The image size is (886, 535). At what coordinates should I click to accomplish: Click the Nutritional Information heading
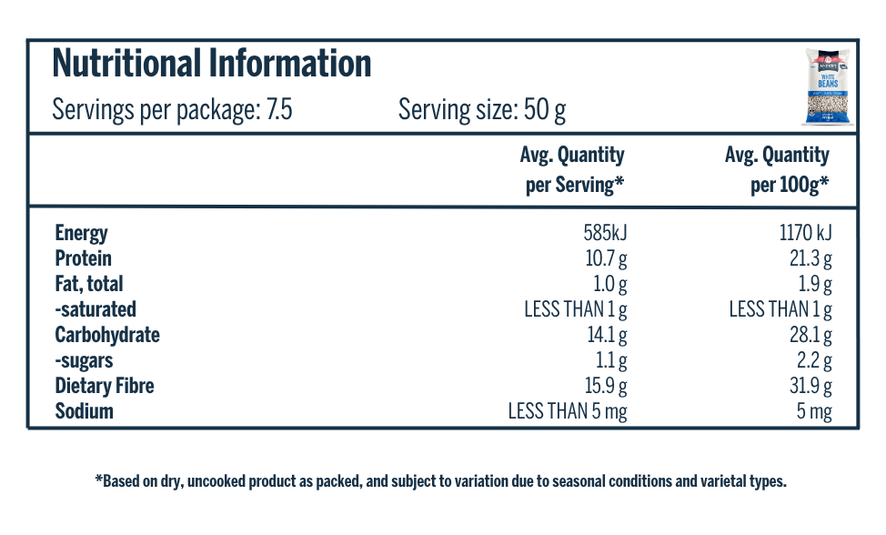coord(212,65)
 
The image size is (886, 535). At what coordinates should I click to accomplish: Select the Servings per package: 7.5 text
coord(172,111)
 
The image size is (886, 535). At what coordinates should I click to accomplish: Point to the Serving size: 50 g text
coord(482,111)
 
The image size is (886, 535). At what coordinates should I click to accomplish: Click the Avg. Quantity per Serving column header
coord(573,169)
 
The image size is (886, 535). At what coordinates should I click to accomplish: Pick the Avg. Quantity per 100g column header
coord(778,169)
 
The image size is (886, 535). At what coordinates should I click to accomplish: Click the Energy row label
coord(81,233)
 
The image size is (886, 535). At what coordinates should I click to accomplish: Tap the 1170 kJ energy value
coord(805,233)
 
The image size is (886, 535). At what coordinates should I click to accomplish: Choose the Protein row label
coord(83,258)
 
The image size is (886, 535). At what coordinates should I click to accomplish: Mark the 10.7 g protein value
coord(607,258)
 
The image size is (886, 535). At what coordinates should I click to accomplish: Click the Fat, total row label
coord(89,284)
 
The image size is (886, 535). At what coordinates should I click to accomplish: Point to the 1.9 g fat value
coord(815,284)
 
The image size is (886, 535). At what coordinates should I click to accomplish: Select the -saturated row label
coord(96,309)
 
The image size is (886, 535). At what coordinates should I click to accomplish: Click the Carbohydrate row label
coord(107,335)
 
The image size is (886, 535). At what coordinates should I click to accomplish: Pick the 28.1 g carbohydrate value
coord(811,335)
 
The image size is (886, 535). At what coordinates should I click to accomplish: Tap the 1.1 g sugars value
coord(610,360)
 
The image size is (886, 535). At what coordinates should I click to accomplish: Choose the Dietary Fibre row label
coord(105,386)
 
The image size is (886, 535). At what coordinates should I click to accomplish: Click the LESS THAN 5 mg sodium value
coord(568,411)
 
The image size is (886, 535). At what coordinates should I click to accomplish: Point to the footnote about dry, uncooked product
coord(440,481)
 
